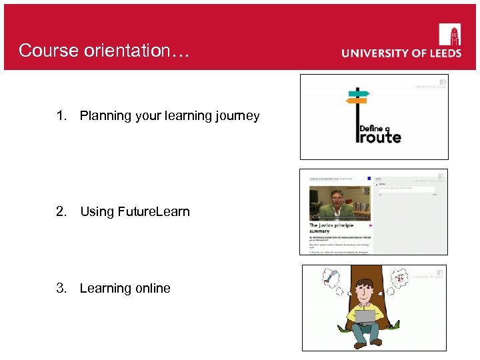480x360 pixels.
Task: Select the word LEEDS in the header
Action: click(441, 53)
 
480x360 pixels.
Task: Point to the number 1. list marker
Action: click(62, 116)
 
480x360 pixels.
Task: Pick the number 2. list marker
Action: click(62, 212)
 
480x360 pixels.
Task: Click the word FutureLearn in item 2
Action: click(153, 212)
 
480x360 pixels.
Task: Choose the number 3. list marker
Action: click(62, 288)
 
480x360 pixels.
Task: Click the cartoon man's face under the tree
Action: click(364, 291)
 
